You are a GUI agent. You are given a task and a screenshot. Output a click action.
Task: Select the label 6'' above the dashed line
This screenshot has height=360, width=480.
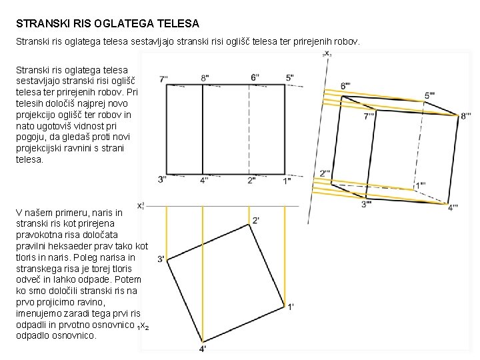[x=255, y=77]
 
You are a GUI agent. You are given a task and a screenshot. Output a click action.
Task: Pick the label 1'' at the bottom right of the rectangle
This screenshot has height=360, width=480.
[x=287, y=180]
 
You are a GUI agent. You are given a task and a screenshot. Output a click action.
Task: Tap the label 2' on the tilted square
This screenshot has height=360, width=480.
[x=256, y=220]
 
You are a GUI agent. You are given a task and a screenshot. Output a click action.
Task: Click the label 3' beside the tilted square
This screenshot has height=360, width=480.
[x=161, y=259]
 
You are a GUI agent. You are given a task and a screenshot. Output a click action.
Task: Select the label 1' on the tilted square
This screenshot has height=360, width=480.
[x=291, y=307]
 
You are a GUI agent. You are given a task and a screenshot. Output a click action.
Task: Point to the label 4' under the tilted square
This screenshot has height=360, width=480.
[x=203, y=349]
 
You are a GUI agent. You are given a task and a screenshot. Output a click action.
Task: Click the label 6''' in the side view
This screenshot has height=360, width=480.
[x=347, y=86]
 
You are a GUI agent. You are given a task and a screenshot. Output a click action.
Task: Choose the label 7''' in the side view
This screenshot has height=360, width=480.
[x=369, y=117]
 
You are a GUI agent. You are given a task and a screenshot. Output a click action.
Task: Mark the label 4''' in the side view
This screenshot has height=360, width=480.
[x=454, y=207]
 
